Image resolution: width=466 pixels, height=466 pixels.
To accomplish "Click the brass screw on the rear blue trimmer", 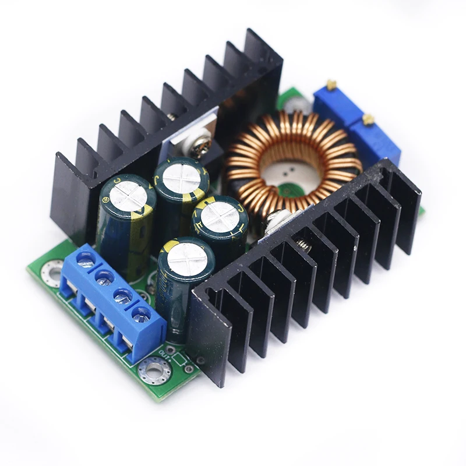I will point(332,86).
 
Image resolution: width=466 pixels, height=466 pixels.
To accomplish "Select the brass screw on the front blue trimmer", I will point(368,119).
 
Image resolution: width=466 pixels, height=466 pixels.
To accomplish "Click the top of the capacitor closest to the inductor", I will point(219,215).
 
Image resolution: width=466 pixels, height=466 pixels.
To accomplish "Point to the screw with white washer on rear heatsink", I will point(202,142).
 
